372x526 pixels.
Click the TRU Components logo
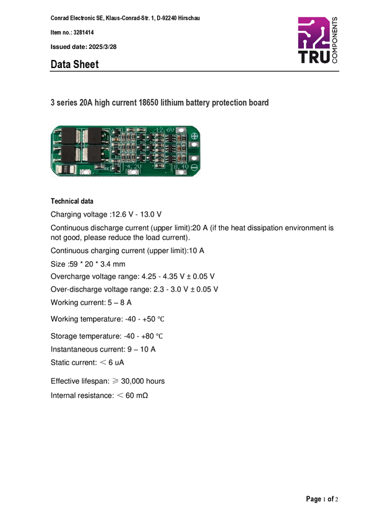pyautogui.click(x=318, y=40)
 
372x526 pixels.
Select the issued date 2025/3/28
pyautogui.click(x=103, y=47)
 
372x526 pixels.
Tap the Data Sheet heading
pyautogui.click(x=74, y=64)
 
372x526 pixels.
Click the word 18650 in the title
pyautogui.click(x=149, y=102)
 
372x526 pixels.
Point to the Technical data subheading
pyautogui.click(x=72, y=201)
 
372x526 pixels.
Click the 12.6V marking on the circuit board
pyautogui.click(x=165, y=130)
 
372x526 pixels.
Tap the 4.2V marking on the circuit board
pyautogui.click(x=134, y=166)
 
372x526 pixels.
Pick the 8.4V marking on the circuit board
pyautogui.click(x=181, y=166)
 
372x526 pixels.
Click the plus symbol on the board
pyautogui.click(x=194, y=136)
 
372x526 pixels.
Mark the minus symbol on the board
pyautogui.click(x=194, y=166)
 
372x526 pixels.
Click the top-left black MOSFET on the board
pyautogui.click(x=69, y=136)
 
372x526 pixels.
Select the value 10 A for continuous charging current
pyautogui.click(x=197, y=251)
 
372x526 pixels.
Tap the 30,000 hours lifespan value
pyautogui.click(x=143, y=381)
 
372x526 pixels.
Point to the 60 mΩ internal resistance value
pyautogui.click(x=137, y=395)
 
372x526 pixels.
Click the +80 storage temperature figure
pyautogui.click(x=147, y=336)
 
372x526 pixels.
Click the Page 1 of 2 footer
pyautogui.click(x=322, y=499)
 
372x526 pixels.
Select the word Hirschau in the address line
pyautogui.click(x=189, y=18)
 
